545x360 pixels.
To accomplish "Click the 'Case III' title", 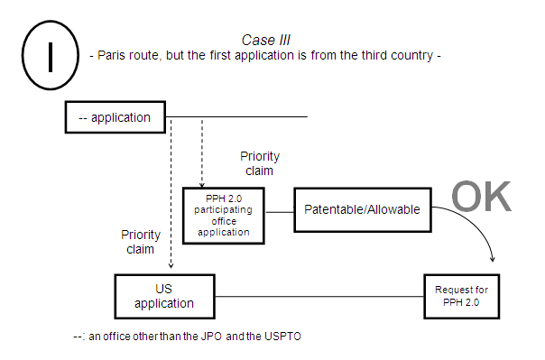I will [263, 40].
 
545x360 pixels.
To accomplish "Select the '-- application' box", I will [115, 116].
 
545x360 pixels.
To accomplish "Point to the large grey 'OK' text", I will [481, 195].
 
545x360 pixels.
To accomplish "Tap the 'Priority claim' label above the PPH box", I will [259, 163].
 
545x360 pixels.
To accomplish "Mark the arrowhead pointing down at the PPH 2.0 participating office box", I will [202, 183].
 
